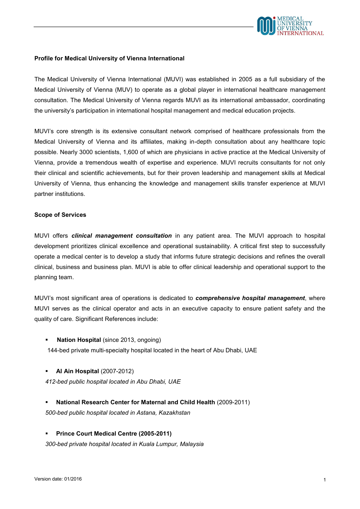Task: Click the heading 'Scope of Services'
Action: [x=60, y=215]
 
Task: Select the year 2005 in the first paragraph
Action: [x=245, y=79]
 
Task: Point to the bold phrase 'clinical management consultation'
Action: [x=122, y=236]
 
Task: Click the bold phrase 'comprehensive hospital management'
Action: [x=250, y=298]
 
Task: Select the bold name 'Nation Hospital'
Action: [x=79, y=340]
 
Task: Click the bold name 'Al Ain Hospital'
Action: [x=77, y=371]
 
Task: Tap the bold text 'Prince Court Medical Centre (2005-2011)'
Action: [x=114, y=434]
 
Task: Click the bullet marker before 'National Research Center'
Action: [x=46, y=402]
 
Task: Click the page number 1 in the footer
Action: [x=325, y=480]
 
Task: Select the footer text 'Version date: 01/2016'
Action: [x=58, y=479]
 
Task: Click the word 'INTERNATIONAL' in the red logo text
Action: [x=300, y=33]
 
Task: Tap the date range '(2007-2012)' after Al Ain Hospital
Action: [x=117, y=371]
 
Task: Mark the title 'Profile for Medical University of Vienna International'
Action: [x=109, y=58]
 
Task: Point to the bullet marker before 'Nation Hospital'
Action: [x=46, y=340]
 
